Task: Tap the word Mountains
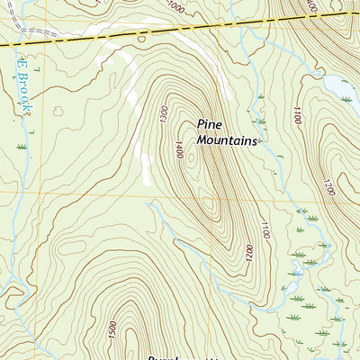[x=228, y=141]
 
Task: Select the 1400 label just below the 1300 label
[x=179, y=149]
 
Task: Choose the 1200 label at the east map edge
[x=328, y=187]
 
